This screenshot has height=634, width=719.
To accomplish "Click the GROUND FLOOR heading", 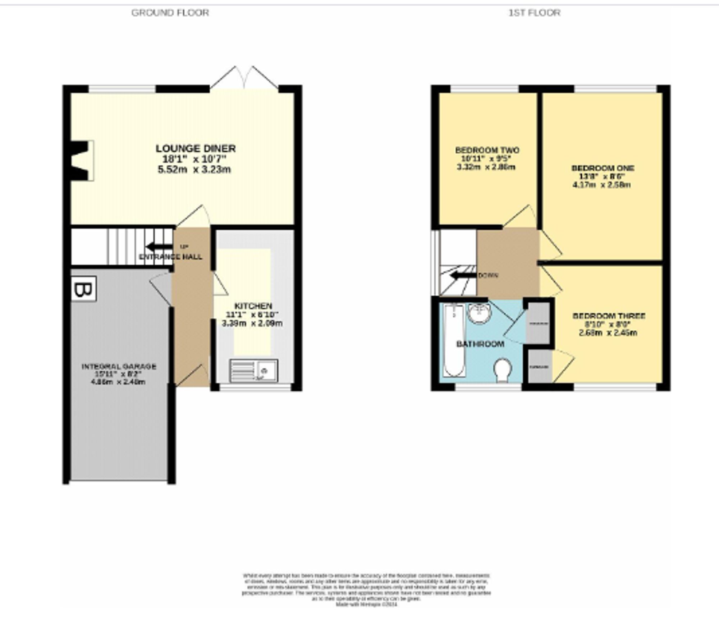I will [170, 13].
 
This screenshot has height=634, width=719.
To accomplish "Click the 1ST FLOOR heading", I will [534, 13].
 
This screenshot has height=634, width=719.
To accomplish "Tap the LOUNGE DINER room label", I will [196, 148].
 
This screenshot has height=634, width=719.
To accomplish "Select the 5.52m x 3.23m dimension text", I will [194, 169].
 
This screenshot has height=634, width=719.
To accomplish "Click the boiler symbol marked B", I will [83, 289].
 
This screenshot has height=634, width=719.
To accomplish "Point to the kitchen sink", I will [254, 371].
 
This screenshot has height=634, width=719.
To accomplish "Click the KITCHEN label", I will [253, 306].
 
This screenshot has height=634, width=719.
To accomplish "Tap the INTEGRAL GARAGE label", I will [119, 367].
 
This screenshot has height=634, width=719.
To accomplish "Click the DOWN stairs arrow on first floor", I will [463, 276].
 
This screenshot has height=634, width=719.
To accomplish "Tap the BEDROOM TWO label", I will [487, 150].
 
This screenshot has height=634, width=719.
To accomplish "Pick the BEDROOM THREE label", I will [609, 316].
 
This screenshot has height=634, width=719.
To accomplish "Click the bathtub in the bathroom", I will [454, 340].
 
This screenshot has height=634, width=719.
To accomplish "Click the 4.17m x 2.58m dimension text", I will [601, 185].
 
